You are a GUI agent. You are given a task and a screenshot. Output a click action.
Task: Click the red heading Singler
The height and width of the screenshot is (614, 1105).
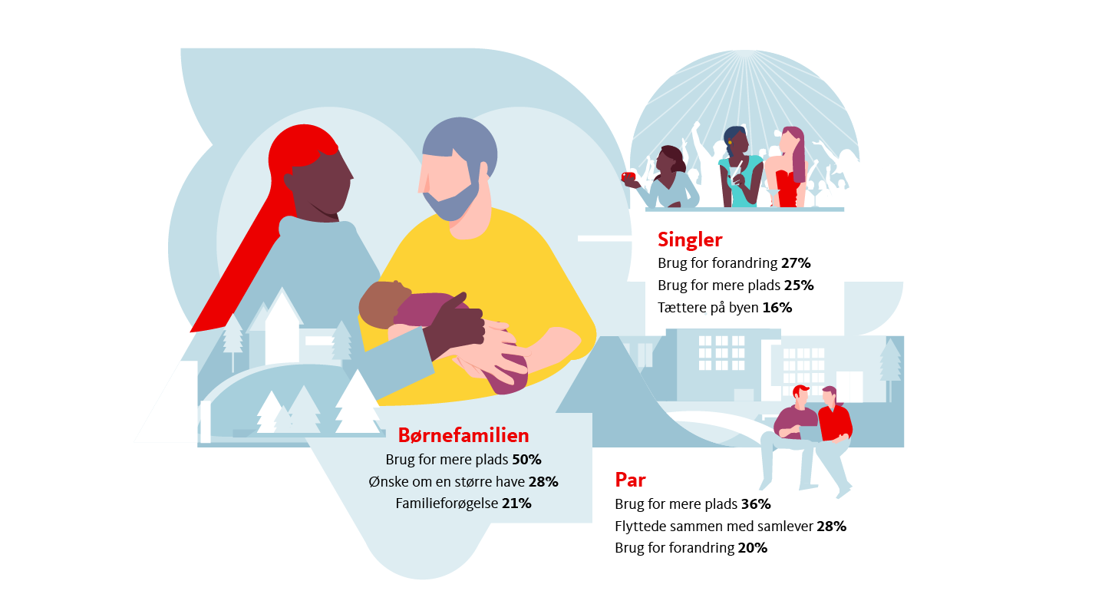[690, 240]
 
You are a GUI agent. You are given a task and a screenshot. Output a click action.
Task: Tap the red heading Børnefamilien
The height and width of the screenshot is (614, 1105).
[463, 435]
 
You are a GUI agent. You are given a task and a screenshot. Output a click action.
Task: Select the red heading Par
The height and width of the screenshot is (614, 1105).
[630, 480]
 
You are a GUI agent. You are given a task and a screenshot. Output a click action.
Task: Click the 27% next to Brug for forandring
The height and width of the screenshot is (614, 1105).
[796, 263]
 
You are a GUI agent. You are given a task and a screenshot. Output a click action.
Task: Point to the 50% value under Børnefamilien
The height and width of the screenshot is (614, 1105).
[526, 460]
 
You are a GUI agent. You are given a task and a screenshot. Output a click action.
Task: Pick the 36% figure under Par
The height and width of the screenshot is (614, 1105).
[756, 504]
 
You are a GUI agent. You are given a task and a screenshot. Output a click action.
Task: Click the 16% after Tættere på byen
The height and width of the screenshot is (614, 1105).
[777, 308]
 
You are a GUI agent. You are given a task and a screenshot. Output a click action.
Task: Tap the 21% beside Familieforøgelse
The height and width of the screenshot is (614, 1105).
[516, 503]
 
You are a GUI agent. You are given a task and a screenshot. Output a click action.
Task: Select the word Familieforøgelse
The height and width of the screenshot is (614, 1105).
[447, 504]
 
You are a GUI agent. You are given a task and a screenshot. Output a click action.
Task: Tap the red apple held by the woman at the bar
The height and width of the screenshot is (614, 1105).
[628, 177]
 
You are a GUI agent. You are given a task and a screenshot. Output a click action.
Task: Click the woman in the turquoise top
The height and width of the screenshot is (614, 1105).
[740, 168]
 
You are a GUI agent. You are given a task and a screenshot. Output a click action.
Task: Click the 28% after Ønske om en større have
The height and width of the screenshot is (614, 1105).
[543, 482]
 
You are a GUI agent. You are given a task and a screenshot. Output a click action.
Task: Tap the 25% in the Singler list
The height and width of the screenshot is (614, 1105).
[799, 286]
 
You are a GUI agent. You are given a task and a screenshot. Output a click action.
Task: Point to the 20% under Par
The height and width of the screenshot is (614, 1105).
[752, 548]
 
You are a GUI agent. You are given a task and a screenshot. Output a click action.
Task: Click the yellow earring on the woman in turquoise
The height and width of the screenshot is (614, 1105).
[730, 143]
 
